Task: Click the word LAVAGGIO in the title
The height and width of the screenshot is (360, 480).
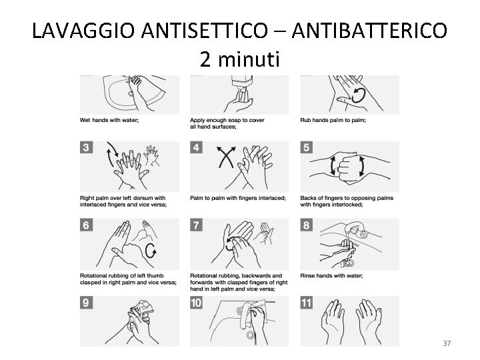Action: pyautogui.click(x=83, y=31)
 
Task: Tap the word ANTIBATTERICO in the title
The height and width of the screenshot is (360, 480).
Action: pyautogui.click(x=369, y=30)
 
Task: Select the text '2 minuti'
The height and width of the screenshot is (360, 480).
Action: pyautogui.click(x=240, y=59)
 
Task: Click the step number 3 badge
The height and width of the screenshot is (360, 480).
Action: pyautogui.click(x=86, y=147)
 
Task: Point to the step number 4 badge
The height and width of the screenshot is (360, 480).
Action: pyautogui.click(x=196, y=147)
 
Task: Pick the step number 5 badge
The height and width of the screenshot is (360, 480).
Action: pyautogui.click(x=307, y=147)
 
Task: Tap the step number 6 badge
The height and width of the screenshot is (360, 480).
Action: pyautogui.click(x=86, y=225)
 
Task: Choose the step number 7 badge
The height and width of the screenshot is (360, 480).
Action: pyautogui.click(x=196, y=225)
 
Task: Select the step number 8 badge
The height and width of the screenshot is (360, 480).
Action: pyautogui.click(x=307, y=225)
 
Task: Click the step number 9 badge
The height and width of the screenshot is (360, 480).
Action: pyautogui.click(x=86, y=303)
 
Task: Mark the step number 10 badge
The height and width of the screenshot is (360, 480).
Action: pyautogui.click(x=196, y=303)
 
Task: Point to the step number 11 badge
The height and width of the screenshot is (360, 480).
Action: pyautogui.click(x=307, y=303)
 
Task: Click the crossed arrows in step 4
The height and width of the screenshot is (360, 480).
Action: pyautogui.click(x=226, y=157)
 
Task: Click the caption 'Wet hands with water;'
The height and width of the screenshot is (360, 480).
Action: pyautogui.click(x=109, y=120)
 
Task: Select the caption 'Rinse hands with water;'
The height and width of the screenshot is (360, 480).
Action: pyautogui.click(x=331, y=275)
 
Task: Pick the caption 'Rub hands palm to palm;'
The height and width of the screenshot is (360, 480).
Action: pyautogui.click(x=333, y=120)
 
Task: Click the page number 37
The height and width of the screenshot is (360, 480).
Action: pyautogui.click(x=447, y=343)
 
